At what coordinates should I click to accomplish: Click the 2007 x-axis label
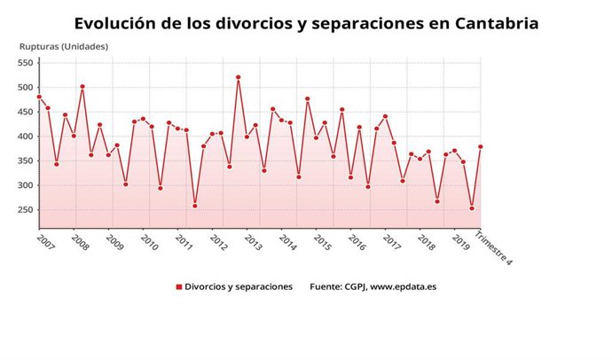point(44,241)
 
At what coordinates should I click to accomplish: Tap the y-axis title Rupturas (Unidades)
point(64,46)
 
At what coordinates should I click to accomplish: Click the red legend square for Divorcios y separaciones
point(178,287)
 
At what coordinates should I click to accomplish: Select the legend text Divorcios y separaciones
point(239,287)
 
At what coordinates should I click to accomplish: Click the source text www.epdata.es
point(409,287)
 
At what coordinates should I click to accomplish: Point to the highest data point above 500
point(239,77)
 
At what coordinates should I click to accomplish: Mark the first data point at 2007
point(39,97)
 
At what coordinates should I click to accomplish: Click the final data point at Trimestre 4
point(481,147)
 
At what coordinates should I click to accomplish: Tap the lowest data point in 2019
point(472,208)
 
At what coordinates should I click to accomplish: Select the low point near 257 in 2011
point(195,206)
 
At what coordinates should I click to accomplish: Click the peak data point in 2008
point(82,87)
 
